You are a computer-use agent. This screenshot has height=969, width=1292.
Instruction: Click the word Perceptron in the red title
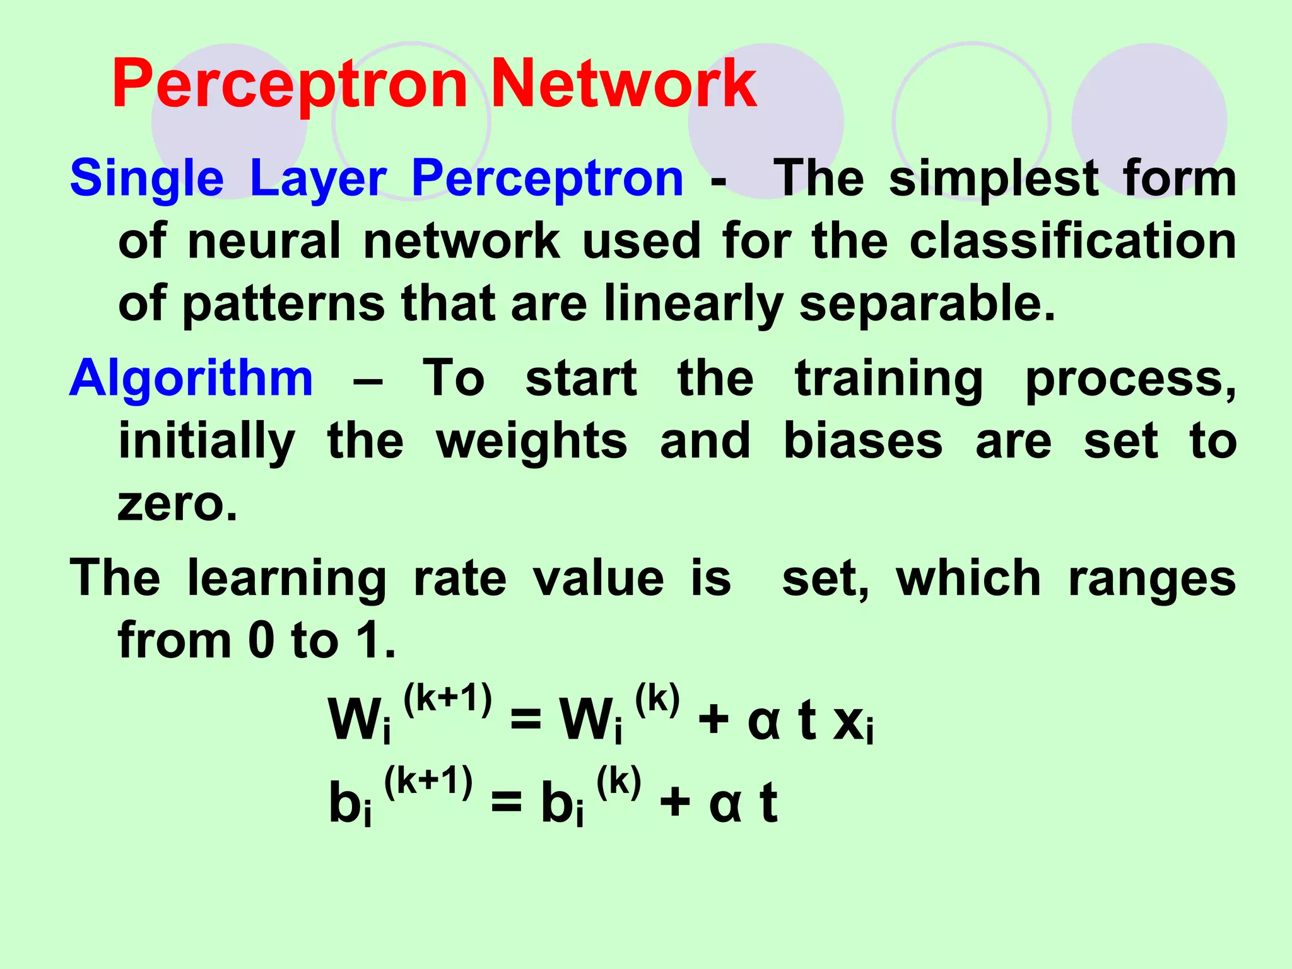[x=290, y=85]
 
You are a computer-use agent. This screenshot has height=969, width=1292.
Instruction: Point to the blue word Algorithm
[x=191, y=379]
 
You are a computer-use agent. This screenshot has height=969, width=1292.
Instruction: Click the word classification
[x=1072, y=241]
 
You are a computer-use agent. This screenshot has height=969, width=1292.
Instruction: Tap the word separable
[x=927, y=304]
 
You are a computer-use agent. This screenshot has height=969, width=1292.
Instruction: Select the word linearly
[x=693, y=305]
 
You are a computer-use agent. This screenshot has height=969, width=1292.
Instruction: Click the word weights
[x=532, y=442]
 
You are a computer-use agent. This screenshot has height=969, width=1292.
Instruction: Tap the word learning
[x=287, y=579]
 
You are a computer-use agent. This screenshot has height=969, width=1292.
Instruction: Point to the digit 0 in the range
[x=262, y=642]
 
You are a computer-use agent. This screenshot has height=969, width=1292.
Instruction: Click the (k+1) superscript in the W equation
[x=447, y=700]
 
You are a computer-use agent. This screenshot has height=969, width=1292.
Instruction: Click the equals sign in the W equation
[x=526, y=720]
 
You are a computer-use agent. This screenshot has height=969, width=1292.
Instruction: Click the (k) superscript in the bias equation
[x=619, y=783]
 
